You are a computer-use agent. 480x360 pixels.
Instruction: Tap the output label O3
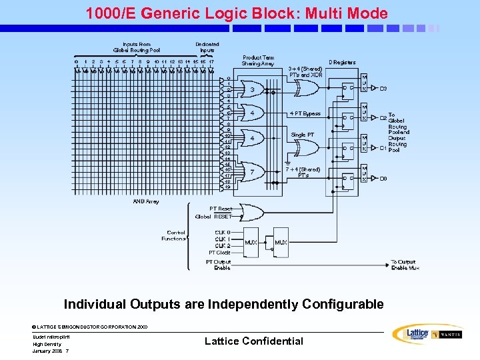point(383,88)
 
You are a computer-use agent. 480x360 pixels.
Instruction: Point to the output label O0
point(383,178)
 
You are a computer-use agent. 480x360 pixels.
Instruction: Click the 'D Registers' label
point(343,63)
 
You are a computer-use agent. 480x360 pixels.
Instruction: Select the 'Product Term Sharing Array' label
point(258,61)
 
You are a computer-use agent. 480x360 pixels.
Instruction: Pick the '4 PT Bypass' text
point(305,113)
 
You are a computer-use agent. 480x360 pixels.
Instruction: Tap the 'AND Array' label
point(145,201)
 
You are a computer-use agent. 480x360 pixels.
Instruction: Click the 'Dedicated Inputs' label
point(207,47)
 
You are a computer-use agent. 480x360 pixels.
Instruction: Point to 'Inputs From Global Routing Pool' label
point(137,47)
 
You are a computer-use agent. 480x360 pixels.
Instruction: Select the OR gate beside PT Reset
point(251,213)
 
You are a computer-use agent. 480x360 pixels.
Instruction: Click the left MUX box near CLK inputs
point(251,243)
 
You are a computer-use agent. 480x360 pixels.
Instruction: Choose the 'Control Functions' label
point(174,235)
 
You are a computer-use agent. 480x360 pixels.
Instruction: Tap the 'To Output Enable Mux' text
point(403,265)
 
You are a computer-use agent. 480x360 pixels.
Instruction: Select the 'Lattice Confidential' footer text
point(253,341)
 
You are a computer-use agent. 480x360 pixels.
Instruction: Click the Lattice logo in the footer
point(410,334)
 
